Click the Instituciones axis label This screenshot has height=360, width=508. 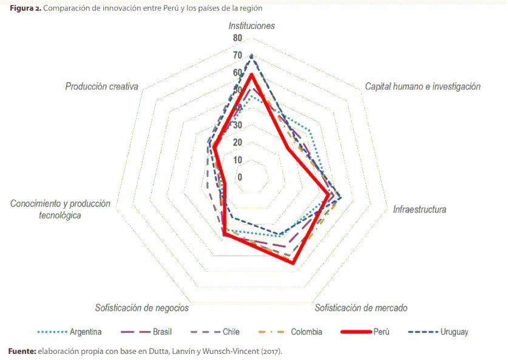pyautogui.click(x=251, y=25)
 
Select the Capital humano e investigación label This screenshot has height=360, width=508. pyautogui.click(x=422, y=86)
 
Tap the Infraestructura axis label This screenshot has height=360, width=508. pyautogui.click(x=419, y=209)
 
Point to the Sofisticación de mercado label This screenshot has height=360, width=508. pyautogui.click(x=361, y=308)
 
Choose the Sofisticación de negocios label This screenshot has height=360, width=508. pyautogui.click(x=141, y=308)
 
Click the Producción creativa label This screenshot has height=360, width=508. pyautogui.click(x=102, y=86)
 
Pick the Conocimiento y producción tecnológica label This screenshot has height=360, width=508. pyautogui.click(x=60, y=209)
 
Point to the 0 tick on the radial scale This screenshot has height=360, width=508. pyautogui.click(x=240, y=177)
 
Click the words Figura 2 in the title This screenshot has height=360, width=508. pyautogui.click(x=25, y=9)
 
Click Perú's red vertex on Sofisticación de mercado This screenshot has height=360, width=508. pyautogui.click(x=293, y=263)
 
